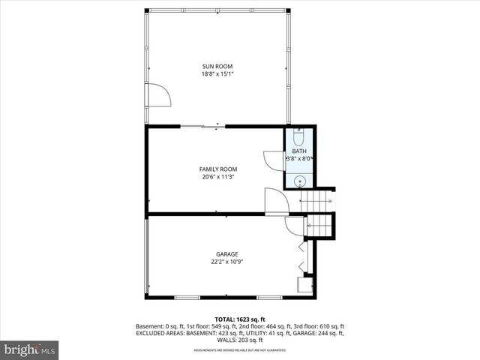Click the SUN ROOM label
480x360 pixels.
[217, 66]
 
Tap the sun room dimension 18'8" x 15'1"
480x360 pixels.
[217, 73]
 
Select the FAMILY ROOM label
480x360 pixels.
[217, 169]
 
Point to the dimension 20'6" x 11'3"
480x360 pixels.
[217, 177]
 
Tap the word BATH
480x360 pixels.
[299, 151]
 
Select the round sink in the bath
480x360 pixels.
[299, 181]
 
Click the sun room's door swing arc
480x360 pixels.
[159, 94]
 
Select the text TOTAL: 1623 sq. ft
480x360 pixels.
[240, 319]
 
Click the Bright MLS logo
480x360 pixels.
[29, 349]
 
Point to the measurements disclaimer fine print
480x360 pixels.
[240, 350]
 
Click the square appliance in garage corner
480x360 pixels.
[304, 284]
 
